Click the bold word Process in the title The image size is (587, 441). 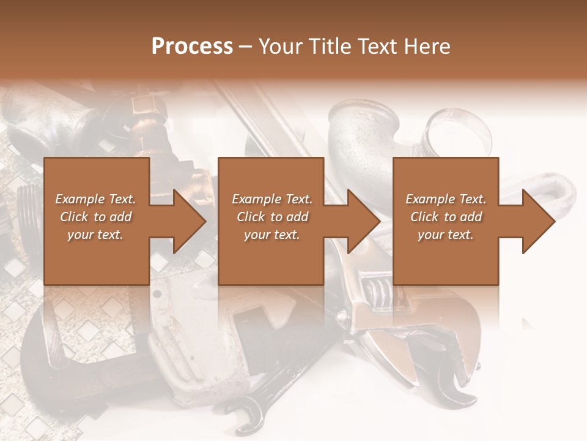192,47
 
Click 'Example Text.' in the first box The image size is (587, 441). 95,199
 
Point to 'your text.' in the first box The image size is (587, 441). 95,235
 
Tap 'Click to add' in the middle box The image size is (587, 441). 272,217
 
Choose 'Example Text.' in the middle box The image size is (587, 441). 272,199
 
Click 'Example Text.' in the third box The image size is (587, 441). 446,199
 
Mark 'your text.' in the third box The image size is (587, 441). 446,235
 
